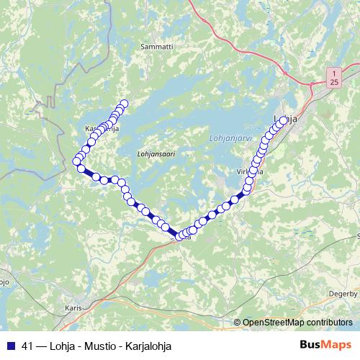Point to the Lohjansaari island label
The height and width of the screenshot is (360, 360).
[x=156, y=153]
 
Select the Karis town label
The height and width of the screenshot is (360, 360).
[x=73, y=307]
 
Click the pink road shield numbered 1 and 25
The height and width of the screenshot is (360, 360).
[x=333, y=78]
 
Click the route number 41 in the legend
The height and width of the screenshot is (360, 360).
[x=28, y=346]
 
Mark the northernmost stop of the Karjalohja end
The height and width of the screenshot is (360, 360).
[x=124, y=104]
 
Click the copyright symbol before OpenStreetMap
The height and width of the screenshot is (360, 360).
[x=238, y=322]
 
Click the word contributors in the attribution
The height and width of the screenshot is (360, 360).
[x=330, y=322]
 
